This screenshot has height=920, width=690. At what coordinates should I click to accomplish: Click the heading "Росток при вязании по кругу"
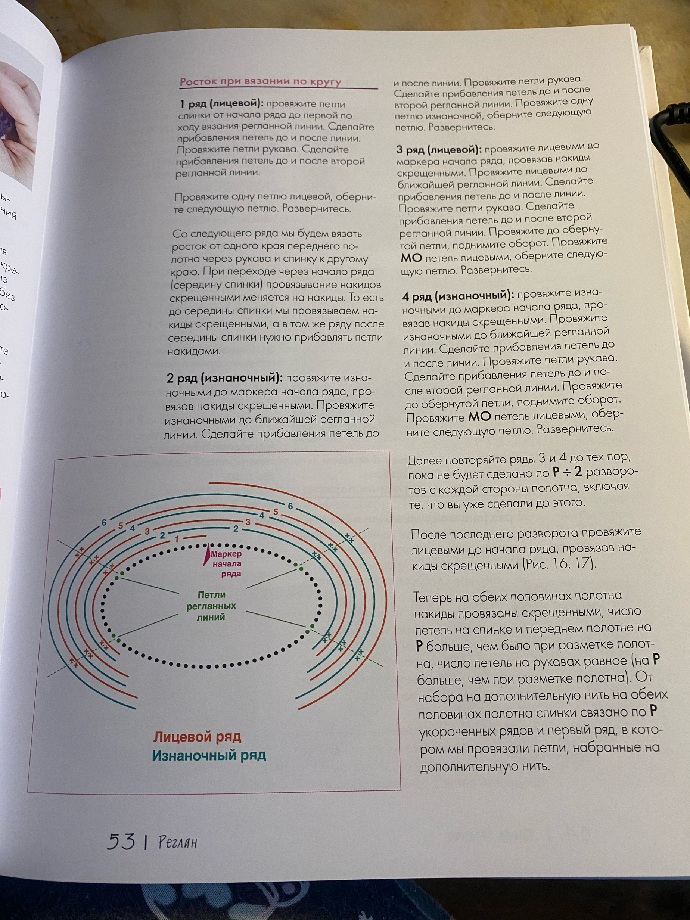pyautogui.click(x=260, y=81)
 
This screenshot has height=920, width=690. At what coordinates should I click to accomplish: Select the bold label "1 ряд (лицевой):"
pyautogui.click(x=222, y=104)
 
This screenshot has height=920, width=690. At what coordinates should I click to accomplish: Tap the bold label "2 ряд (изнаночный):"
pyautogui.click(x=224, y=379)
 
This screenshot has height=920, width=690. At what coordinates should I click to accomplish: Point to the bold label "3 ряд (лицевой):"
pyautogui.click(x=438, y=150)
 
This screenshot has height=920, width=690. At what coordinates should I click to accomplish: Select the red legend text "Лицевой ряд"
pyautogui.click(x=197, y=737)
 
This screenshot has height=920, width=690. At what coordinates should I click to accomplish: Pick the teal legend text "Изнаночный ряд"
pyautogui.click(x=209, y=755)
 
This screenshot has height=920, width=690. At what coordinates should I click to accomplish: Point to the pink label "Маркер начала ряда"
pyautogui.click(x=226, y=564)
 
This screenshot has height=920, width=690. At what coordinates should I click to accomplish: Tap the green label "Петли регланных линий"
pyautogui.click(x=211, y=606)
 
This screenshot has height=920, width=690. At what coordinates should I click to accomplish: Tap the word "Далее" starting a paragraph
pyautogui.click(x=426, y=460)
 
